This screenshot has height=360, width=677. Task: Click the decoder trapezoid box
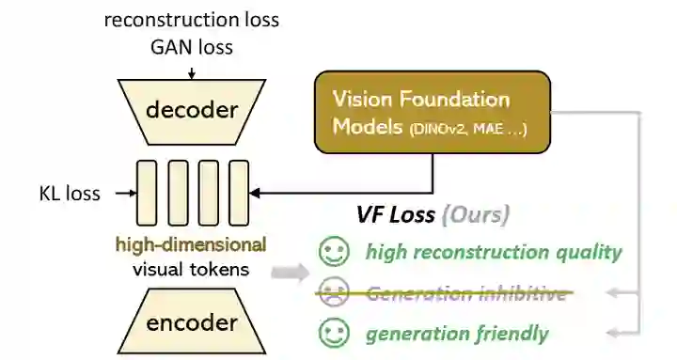[192, 110]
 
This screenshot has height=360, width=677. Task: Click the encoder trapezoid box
[192, 323]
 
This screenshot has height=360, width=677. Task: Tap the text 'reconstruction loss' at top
[191, 18]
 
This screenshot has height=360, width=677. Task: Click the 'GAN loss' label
[192, 44]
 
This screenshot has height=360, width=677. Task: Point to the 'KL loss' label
[67, 193]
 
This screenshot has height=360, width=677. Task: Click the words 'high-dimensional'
[191, 245]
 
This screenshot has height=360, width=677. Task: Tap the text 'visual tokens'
[191, 270]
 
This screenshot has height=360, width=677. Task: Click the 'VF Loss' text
[395, 214]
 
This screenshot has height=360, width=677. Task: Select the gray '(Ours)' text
[476, 214]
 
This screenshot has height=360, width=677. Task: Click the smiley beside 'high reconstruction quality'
[332, 252]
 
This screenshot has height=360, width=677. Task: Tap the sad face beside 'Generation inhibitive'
[332, 292]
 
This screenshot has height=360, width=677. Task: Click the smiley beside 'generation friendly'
[332, 333]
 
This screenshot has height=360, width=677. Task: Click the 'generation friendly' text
[457, 333]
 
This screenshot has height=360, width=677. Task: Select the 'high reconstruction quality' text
[494, 252]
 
